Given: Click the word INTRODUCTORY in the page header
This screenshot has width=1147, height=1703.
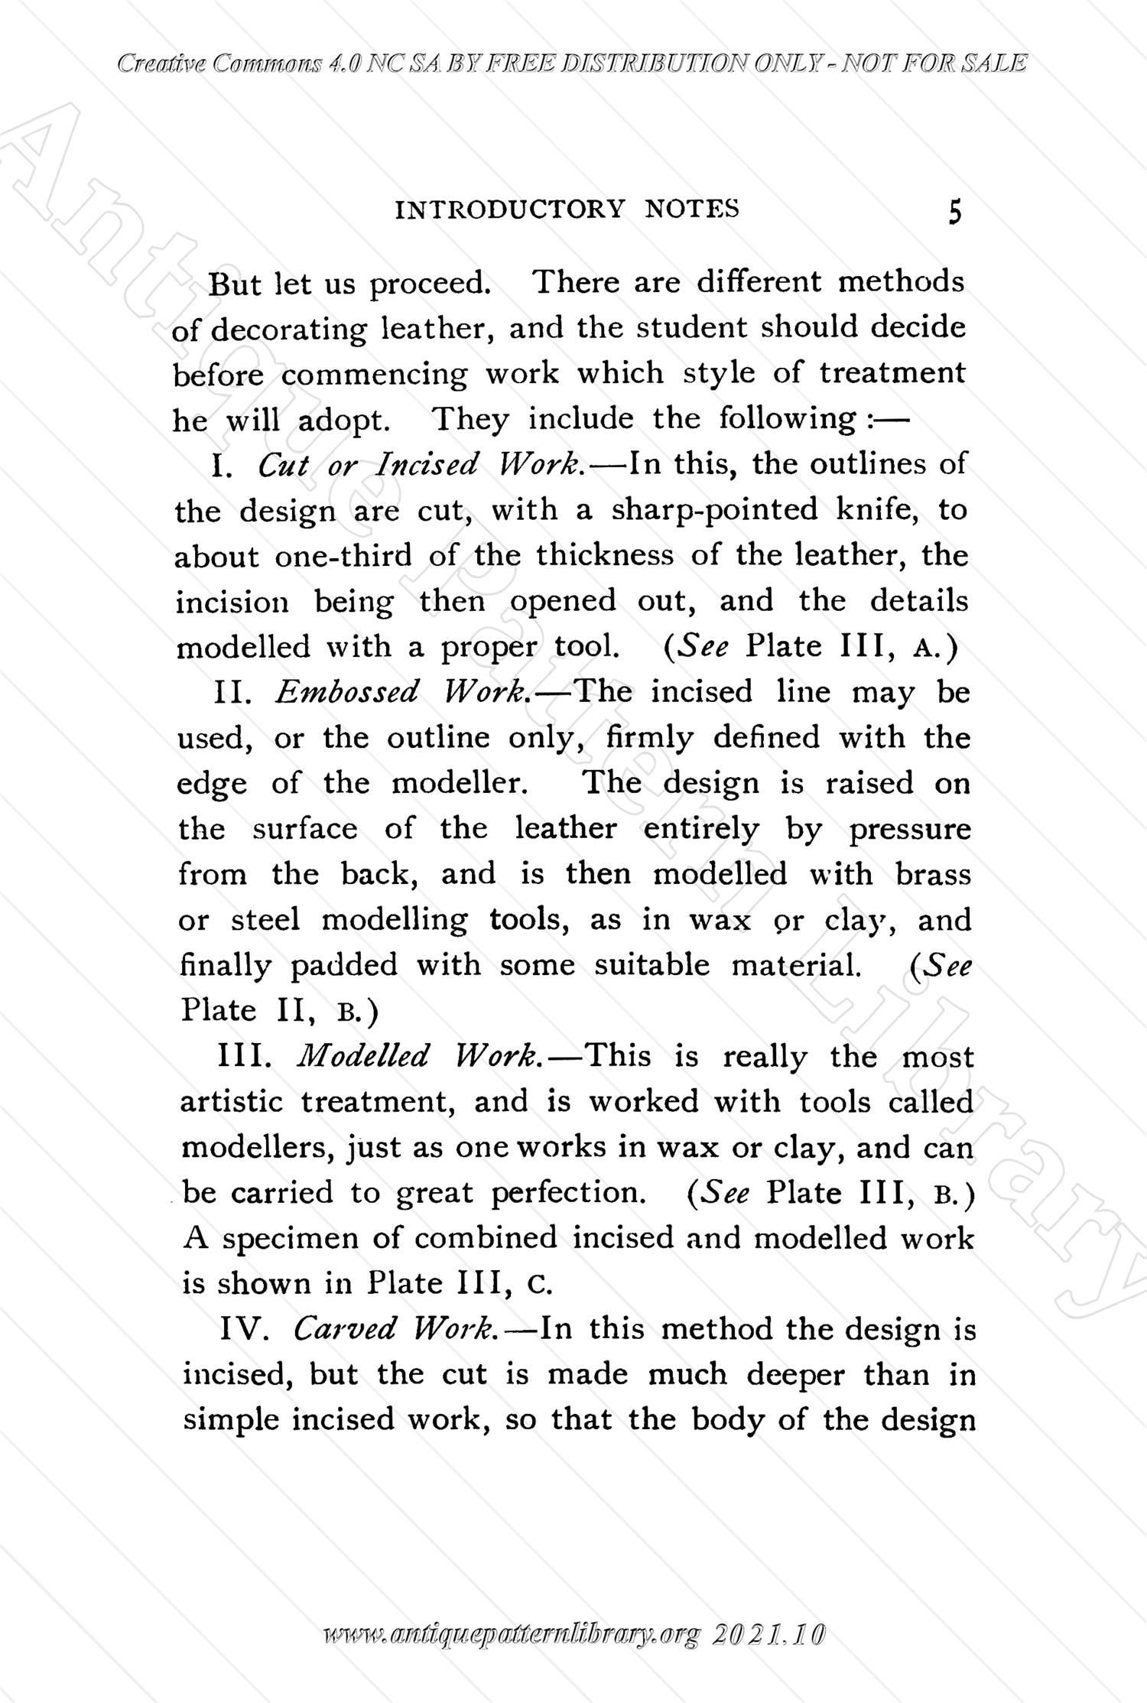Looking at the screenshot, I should coord(509,209).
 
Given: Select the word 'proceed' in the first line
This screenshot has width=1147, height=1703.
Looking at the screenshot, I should coord(430,284).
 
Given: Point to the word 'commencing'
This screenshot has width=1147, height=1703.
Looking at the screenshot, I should coord(374,375).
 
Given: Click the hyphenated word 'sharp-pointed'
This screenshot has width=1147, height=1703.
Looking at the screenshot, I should coord(714,510).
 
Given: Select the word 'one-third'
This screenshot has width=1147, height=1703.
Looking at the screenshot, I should coord(343,556).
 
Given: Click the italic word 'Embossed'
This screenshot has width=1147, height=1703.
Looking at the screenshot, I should coord(347,692).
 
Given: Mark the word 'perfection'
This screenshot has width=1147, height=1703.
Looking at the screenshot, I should coord(567,1193).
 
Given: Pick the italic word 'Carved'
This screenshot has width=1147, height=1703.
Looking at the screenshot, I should coord(345,1330).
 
